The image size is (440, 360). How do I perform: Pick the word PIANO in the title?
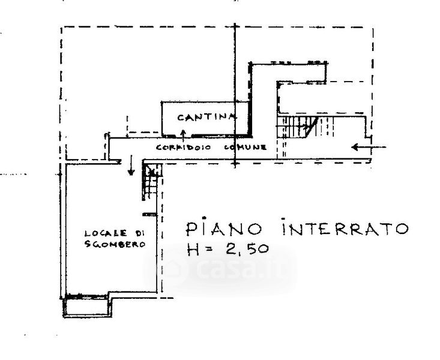(x=222, y=229)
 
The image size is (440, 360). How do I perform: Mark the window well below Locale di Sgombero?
(x=88, y=307)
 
